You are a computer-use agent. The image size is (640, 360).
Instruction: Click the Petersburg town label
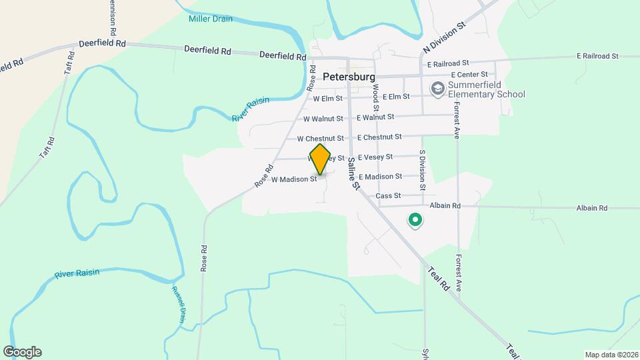pos(349,77)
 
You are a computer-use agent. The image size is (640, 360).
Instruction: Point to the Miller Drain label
pos(210,19)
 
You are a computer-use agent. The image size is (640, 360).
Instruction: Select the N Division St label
pos(443,41)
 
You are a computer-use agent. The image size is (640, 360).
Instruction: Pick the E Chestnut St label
pos(379,137)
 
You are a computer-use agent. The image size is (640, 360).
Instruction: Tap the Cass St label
pos(388,196)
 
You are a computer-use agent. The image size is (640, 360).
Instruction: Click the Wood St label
pos(376,97)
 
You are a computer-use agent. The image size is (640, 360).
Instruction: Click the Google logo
pos(22,352)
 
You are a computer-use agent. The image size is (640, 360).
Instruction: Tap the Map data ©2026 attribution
pos(611,355)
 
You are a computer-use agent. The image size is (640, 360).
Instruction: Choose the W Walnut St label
pos(323,119)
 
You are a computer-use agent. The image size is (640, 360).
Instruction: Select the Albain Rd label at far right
pos(592,208)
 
